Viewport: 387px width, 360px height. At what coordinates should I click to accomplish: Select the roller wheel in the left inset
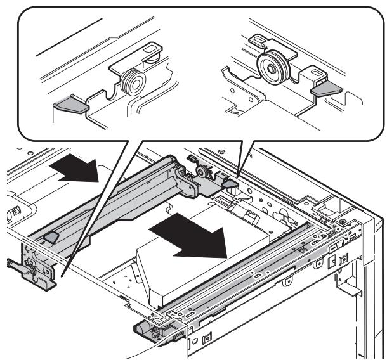(x=133, y=83)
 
